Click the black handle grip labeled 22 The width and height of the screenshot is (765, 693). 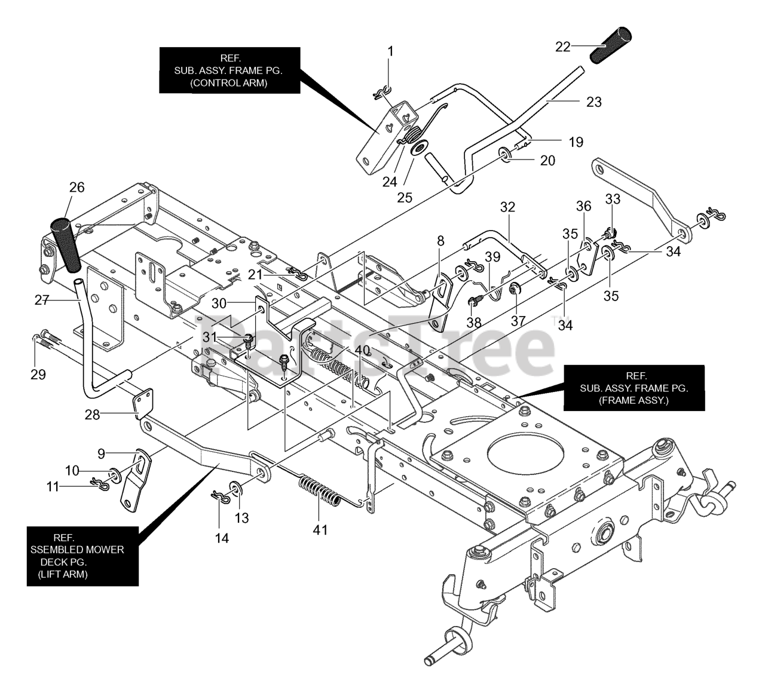tap(611, 45)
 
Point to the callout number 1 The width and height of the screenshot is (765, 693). tap(390, 51)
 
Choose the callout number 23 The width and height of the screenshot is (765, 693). tap(593, 102)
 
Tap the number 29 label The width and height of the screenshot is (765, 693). tap(38, 375)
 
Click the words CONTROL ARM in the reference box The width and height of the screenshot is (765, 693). tap(229, 82)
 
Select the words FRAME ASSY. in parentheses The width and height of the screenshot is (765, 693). tap(634, 401)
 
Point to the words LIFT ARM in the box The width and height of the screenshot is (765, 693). tap(63, 574)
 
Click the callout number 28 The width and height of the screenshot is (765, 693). tap(92, 415)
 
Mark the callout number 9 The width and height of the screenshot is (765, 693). tap(101, 453)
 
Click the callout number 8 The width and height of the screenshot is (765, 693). tap(440, 241)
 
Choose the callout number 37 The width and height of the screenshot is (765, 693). tap(518, 321)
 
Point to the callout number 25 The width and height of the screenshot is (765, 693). tap(405, 198)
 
